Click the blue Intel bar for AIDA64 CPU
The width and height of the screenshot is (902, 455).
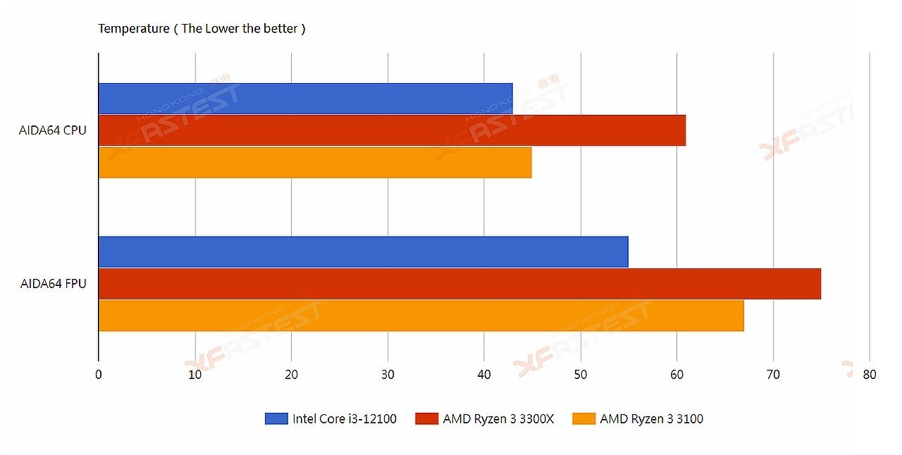click(x=305, y=99)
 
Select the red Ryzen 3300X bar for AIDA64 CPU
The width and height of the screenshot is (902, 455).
click(x=392, y=130)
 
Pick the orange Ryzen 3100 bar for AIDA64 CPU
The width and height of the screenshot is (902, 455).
click(x=315, y=162)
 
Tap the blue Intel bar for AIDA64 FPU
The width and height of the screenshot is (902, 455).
click(x=363, y=251)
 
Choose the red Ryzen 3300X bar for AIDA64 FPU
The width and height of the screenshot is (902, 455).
click(x=459, y=283)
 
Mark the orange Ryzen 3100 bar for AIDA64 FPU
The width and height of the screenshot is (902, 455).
click(x=421, y=315)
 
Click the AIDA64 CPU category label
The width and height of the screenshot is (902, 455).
click(x=53, y=130)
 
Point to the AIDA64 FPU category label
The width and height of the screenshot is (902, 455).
click(x=54, y=284)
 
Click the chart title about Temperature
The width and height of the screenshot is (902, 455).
click(x=202, y=28)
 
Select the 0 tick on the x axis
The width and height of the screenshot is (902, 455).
click(x=99, y=375)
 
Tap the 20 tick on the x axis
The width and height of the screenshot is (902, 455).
click(x=291, y=375)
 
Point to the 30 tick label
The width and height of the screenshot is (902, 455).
click(x=388, y=375)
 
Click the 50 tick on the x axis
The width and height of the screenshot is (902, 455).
click(x=580, y=375)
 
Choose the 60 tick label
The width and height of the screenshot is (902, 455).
click(x=676, y=375)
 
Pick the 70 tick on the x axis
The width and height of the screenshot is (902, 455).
click(x=773, y=375)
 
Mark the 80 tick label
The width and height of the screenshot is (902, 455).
click(x=870, y=375)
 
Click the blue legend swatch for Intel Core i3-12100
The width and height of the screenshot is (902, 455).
click(x=276, y=418)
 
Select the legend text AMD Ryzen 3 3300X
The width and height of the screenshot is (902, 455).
click(x=498, y=418)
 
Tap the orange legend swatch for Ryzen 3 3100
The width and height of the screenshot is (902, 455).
click(x=583, y=418)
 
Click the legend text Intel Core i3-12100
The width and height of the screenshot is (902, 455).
click(x=345, y=418)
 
